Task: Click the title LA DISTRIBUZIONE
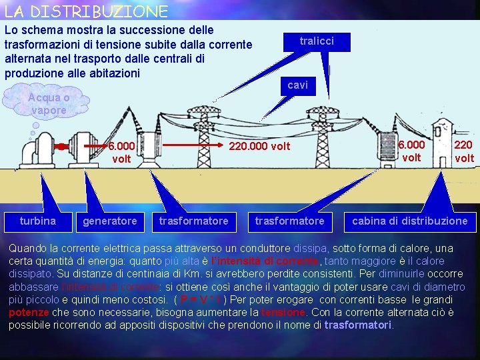85,11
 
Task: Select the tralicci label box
316,41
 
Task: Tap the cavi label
297,85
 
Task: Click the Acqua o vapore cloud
48,104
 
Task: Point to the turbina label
37,221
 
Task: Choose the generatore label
109,221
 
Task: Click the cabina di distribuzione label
409,221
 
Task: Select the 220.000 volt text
259,146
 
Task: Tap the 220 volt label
463,151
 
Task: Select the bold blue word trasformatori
358,325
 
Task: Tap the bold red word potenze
29,313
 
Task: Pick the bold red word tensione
283,313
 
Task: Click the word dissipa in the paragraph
310,248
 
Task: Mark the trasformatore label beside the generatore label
193,221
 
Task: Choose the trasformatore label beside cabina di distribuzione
289,221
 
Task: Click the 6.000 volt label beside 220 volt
411,151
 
